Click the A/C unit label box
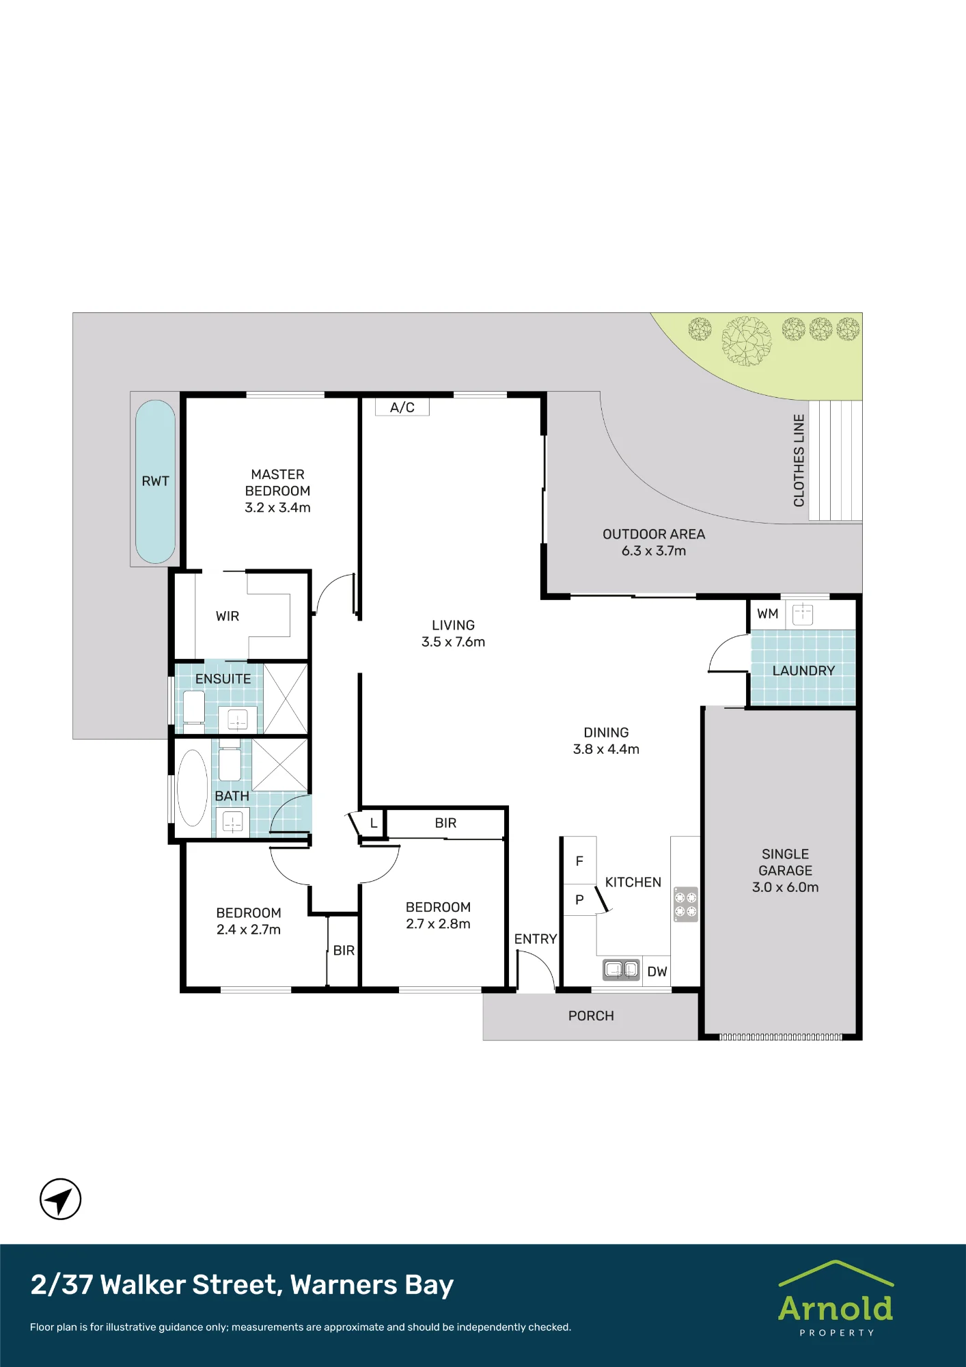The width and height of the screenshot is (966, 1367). [402, 407]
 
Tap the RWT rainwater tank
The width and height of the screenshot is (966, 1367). [156, 481]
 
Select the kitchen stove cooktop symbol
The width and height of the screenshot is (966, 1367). [686, 904]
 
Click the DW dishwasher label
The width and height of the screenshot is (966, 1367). [657, 971]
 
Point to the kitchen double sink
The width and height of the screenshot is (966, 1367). [621, 969]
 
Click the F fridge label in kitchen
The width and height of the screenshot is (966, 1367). [579, 861]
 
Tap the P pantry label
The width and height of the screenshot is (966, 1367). [579, 899]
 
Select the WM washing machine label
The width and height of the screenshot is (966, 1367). [768, 614]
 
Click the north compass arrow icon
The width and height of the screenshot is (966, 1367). [61, 1199]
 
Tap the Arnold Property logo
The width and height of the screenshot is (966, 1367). [836, 1298]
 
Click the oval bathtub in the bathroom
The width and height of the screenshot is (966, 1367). [193, 788]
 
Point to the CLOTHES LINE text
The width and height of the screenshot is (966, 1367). [799, 460]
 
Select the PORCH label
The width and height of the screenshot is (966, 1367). [591, 1016]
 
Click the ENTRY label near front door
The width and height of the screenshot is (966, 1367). [536, 939]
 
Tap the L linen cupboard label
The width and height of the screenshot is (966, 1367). [374, 823]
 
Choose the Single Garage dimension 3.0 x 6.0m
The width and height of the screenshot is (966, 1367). [786, 887]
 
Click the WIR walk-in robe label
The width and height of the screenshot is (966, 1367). [227, 616]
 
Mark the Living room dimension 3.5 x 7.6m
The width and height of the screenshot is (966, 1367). [453, 642]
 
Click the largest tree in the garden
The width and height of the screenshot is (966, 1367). [747, 340]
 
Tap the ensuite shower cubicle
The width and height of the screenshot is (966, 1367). [286, 699]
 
